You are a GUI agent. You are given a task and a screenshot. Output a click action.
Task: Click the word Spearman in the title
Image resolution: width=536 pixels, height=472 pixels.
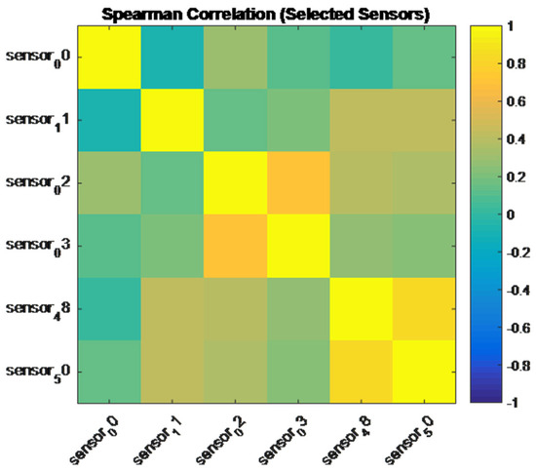[x=143, y=15]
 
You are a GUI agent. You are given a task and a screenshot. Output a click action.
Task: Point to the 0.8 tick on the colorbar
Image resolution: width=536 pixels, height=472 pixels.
[x=516, y=63]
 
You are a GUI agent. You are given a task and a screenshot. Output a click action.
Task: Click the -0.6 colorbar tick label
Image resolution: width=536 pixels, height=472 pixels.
[x=517, y=328]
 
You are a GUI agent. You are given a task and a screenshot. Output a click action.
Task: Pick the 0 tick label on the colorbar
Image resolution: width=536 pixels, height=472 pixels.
[x=511, y=215]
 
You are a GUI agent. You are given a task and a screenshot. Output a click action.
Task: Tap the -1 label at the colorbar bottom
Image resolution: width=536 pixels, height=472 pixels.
[x=513, y=403]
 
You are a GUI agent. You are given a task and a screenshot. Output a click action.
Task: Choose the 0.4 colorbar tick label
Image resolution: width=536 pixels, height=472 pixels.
[x=516, y=139]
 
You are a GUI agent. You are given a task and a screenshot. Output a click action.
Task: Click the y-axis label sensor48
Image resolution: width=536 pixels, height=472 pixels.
[x=38, y=310]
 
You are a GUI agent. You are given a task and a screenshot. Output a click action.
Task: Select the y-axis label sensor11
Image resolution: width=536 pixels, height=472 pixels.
[x=38, y=122]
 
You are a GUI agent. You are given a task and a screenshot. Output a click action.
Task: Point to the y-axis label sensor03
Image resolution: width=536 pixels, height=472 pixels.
[x=38, y=247]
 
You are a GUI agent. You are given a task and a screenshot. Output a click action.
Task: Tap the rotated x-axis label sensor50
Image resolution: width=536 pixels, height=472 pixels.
[x=410, y=440]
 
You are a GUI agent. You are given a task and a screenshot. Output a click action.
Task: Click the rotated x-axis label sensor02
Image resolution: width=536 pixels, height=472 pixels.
[x=221, y=440]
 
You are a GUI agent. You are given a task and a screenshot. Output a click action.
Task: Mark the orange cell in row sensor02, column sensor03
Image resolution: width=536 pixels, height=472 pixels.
[x=298, y=183]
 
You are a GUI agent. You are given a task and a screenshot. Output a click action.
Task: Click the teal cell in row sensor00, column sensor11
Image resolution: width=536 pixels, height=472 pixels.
[x=172, y=58]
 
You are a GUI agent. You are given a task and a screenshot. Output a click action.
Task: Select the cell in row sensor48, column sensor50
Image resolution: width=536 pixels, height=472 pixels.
[x=424, y=309]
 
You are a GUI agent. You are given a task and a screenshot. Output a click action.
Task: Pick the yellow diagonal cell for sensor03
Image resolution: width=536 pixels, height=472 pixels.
[x=298, y=246]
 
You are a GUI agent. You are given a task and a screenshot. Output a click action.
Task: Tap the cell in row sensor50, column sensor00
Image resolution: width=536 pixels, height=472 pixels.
[x=109, y=372]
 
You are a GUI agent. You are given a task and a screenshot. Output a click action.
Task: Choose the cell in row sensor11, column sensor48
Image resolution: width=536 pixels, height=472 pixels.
[x=361, y=120]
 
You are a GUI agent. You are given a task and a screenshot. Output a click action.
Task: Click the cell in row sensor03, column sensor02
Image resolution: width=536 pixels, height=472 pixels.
[x=235, y=246]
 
